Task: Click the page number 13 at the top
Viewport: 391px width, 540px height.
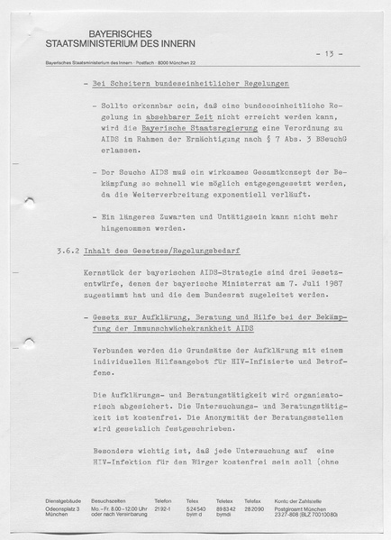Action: [x=323, y=53]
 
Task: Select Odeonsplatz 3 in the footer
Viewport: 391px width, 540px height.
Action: [x=63, y=508]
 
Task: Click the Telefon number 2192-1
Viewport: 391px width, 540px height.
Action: [x=163, y=508]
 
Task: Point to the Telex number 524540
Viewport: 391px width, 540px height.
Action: [x=195, y=508]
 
